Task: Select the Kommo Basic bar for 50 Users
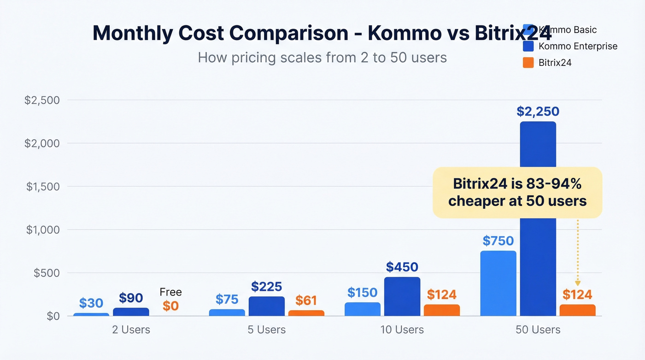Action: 498,283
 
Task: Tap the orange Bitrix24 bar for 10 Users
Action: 442,310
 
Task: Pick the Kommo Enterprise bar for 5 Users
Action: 267,306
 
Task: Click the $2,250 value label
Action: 538,112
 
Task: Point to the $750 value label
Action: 498,241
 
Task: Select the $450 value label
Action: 402,267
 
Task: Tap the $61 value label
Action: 306,301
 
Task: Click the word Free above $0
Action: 170,292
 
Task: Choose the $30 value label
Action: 91,303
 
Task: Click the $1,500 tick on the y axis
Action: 43,187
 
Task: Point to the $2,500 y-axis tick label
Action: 42,100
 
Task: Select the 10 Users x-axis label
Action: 402,330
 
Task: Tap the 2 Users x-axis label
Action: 131,330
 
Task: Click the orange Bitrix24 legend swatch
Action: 528,63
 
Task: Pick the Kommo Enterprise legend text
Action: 578,46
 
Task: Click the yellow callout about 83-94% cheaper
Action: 517,193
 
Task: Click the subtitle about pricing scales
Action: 322,58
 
